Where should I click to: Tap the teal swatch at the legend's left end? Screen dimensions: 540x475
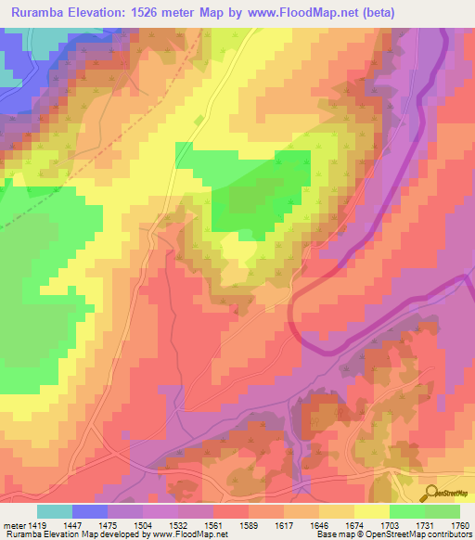click(55, 511)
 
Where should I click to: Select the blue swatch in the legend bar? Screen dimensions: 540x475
click(90, 511)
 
